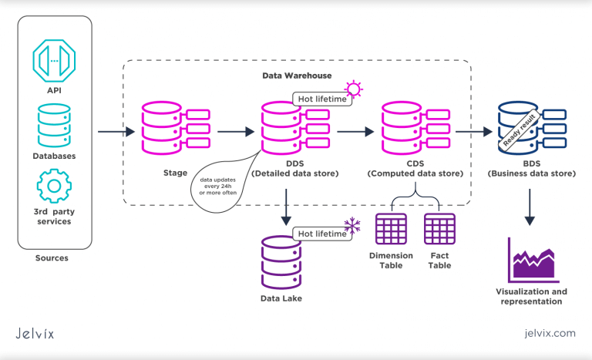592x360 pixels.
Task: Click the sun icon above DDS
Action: click(353, 88)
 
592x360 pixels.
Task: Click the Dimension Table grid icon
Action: click(391, 229)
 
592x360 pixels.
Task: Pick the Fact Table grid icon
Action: click(439, 229)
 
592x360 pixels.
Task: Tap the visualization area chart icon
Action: click(532, 260)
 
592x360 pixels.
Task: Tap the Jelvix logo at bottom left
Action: click(35, 333)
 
